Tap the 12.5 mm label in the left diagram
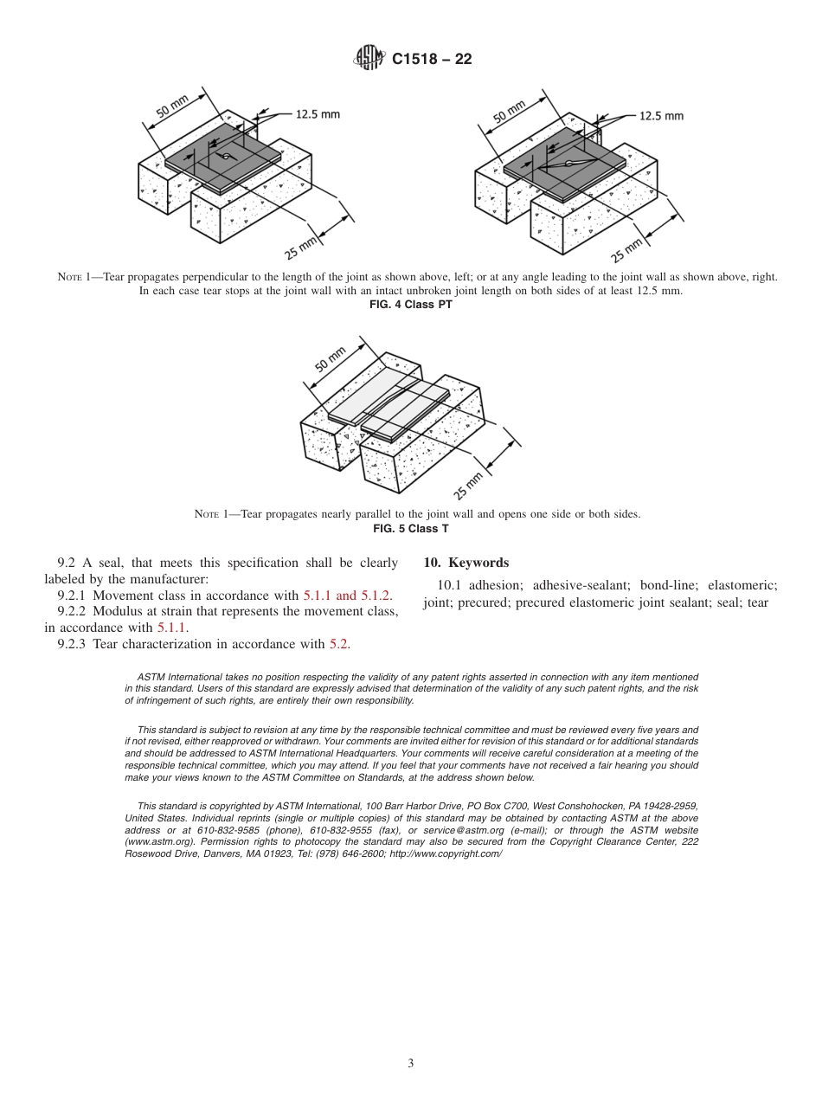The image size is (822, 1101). click(318, 113)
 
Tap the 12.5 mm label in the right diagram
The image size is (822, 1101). click(661, 115)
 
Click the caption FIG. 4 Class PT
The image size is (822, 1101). click(410, 304)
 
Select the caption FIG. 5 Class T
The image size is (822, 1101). click(410, 528)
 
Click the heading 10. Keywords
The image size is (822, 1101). click(466, 563)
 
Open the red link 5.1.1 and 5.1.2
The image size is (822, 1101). click(347, 596)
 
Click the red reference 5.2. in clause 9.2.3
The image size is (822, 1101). click(340, 643)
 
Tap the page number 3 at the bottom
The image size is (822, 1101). click(411, 1063)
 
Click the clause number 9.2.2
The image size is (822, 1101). click(72, 612)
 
